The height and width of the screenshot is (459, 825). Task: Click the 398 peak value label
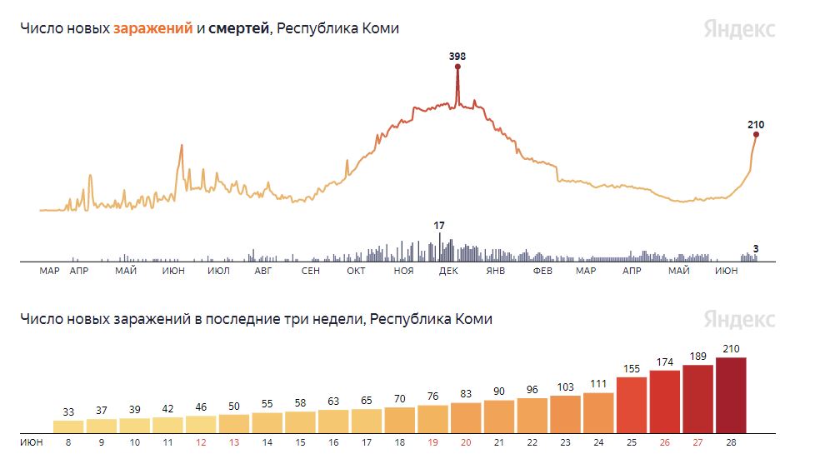(x=457, y=57)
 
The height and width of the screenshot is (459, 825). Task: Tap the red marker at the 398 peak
(x=457, y=66)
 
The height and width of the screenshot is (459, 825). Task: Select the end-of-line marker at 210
(x=756, y=134)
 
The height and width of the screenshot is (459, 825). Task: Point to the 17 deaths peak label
(x=439, y=225)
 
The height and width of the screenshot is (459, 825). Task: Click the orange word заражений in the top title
(x=152, y=28)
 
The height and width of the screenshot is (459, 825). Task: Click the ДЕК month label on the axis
(x=448, y=272)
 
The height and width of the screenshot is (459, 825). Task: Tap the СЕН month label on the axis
(x=311, y=272)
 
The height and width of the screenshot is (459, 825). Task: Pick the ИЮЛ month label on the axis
(x=218, y=272)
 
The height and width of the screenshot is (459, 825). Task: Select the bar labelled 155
(x=631, y=404)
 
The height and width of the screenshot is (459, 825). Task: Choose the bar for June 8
(x=69, y=425)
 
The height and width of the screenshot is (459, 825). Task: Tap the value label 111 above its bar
(x=598, y=383)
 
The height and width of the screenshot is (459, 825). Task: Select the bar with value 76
(x=432, y=417)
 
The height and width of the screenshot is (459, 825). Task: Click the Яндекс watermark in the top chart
(x=738, y=29)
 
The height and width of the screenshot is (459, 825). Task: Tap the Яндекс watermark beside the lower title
(x=738, y=319)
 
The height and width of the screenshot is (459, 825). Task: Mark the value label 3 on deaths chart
(x=755, y=248)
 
